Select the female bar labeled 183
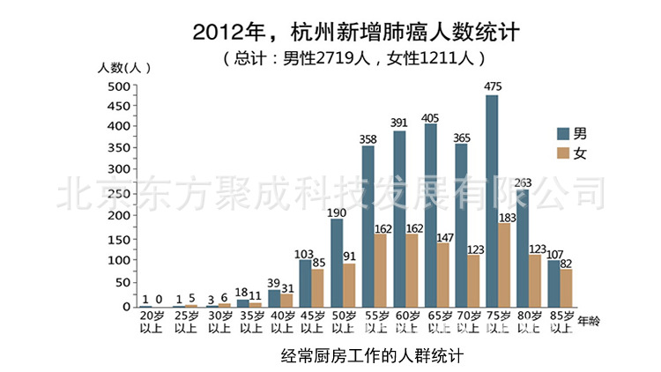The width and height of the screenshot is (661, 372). pyautogui.click(x=504, y=264)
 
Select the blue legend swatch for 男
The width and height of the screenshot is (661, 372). pyautogui.click(x=563, y=133)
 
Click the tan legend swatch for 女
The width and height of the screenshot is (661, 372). pyautogui.click(x=563, y=153)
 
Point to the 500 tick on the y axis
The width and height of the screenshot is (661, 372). pyautogui.click(x=118, y=86)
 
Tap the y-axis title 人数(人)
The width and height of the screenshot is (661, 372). pyautogui.click(x=124, y=67)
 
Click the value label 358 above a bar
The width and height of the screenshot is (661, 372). pyautogui.click(x=368, y=138)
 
